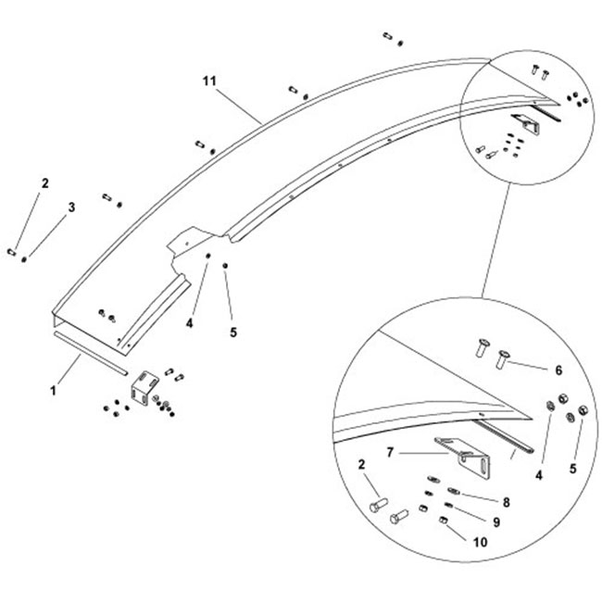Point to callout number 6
pyautogui.click(x=558, y=370)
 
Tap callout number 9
pyautogui.click(x=495, y=522)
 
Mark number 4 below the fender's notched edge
pyautogui.click(x=189, y=324)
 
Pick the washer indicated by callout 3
pyautogui.click(x=24, y=258)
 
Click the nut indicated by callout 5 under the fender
pyautogui.click(x=226, y=267)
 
